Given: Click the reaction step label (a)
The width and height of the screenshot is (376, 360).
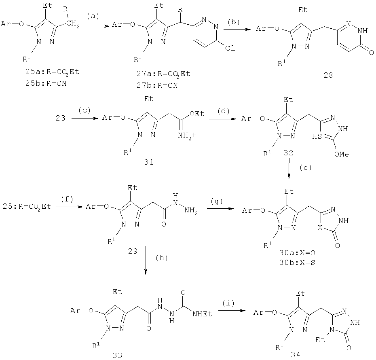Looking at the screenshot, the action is coord(93,16).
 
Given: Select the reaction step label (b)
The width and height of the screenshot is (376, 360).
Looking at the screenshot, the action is coord(234,22).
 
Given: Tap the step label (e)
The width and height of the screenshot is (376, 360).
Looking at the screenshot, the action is coord(306,167).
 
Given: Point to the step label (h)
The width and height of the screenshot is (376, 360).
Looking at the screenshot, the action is coord(162,258).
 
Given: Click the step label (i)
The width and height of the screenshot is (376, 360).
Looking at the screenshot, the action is coord(228,303).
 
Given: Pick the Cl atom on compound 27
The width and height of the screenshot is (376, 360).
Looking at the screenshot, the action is coord(230,48).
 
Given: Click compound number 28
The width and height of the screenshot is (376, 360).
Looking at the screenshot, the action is coord(328,75).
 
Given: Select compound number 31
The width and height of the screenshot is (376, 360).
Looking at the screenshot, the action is coord(149,162).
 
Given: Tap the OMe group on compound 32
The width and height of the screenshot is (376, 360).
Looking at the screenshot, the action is coord(342,154).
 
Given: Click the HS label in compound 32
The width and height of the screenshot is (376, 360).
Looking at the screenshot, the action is coord(317,136).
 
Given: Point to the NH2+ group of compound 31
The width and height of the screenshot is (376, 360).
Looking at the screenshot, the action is coord(187,136).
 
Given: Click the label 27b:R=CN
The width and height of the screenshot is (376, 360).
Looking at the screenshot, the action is coord(157,85).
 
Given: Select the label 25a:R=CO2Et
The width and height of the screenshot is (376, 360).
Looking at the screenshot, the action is coord(52,72).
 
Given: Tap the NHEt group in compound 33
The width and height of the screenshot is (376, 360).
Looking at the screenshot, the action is coord(202,314).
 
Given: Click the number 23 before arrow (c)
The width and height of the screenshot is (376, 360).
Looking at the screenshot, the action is coord(60,118).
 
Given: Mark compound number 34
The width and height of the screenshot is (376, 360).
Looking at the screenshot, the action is coord(296,354).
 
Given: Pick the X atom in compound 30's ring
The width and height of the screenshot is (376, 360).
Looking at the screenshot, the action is coord(320,228).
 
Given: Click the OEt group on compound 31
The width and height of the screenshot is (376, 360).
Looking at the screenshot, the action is coord(197,114).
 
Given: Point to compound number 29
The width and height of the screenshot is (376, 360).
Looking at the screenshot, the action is coord(133,251).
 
